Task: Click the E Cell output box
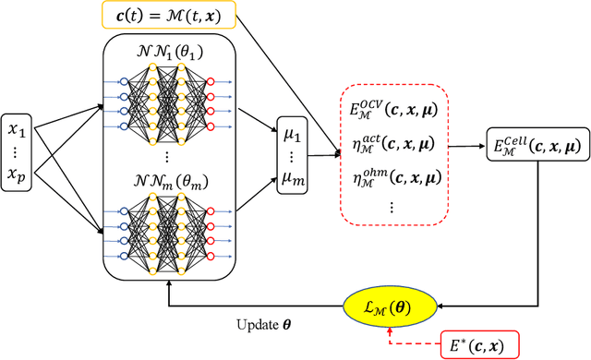coord(536,144)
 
